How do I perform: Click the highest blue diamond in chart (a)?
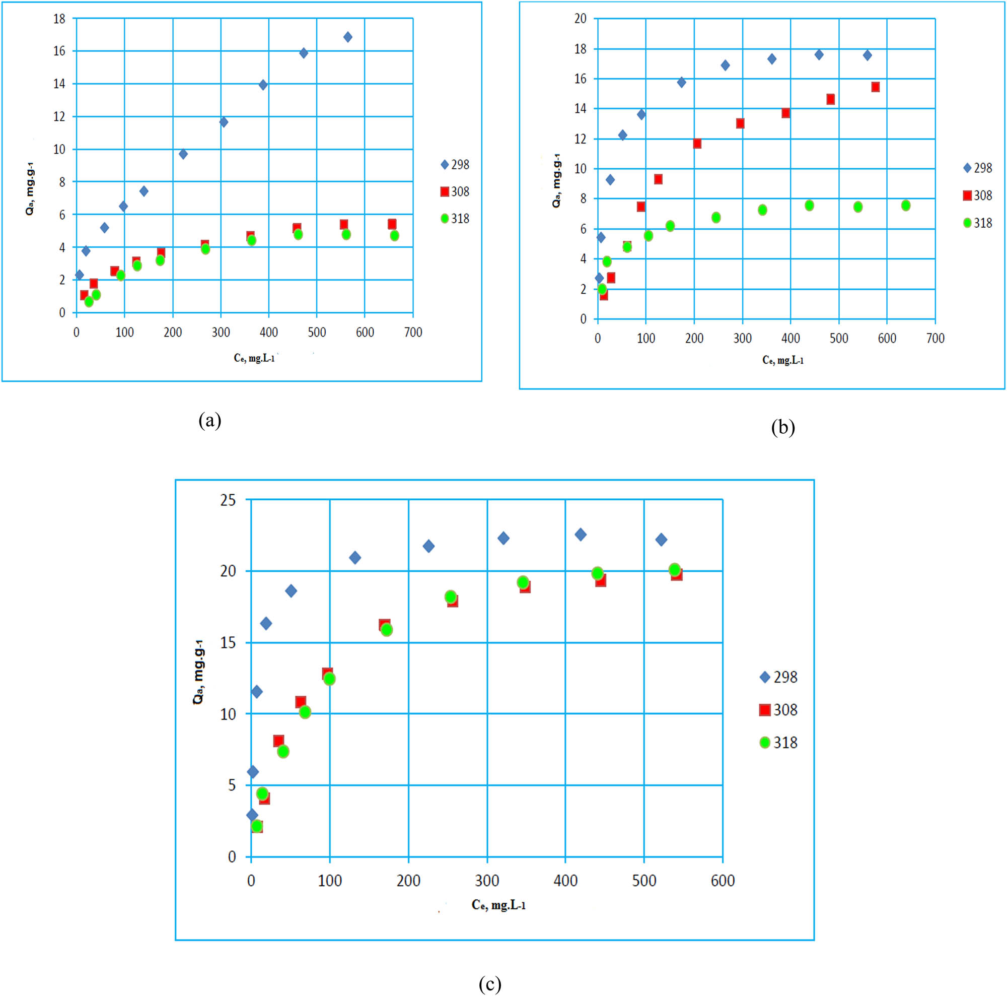[x=347, y=37]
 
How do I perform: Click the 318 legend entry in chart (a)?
[x=455, y=219]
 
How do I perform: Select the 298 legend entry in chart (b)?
[x=977, y=168]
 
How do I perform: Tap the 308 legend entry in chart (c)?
[x=778, y=710]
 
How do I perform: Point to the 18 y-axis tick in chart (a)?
[x=59, y=19]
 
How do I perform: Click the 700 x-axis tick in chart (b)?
[x=935, y=338]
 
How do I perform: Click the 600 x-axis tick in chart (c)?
[x=723, y=881]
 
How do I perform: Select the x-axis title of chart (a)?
[x=254, y=358]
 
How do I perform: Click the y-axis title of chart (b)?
[x=557, y=180]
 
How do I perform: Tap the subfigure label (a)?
[x=209, y=420]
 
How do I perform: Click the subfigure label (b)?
[x=782, y=427]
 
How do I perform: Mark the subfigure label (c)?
[x=489, y=984]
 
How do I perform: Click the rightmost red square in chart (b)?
[x=875, y=87]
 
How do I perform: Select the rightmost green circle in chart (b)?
[x=905, y=206]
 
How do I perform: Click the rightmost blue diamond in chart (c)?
[x=661, y=540]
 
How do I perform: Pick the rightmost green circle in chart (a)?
[x=394, y=236]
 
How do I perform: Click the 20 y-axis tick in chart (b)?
[x=580, y=19]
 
